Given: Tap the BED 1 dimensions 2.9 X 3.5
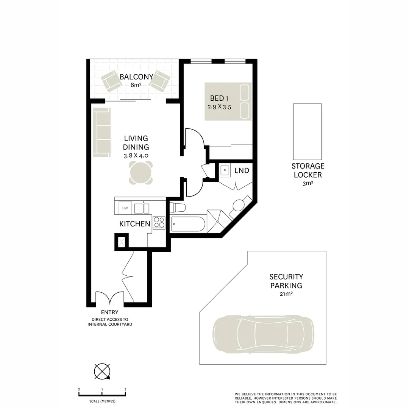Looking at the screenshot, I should (x=219, y=107).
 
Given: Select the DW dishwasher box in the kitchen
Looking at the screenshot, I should (x=125, y=208).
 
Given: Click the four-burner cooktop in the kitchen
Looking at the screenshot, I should (x=159, y=222).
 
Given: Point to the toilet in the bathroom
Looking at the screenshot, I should (x=177, y=207).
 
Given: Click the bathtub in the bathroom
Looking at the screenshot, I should (x=188, y=224).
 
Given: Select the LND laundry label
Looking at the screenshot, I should (x=242, y=171).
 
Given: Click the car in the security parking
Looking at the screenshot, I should (x=263, y=334).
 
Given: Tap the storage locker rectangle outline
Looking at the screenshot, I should (x=307, y=131).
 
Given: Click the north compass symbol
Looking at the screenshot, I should (x=102, y=371).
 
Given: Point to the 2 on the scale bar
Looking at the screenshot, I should (x=125, y=389).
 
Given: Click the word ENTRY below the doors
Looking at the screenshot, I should (x=109, y=312).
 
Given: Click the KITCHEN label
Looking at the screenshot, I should (x=135, y=224).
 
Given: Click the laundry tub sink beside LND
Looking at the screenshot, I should (x=224, y=170).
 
